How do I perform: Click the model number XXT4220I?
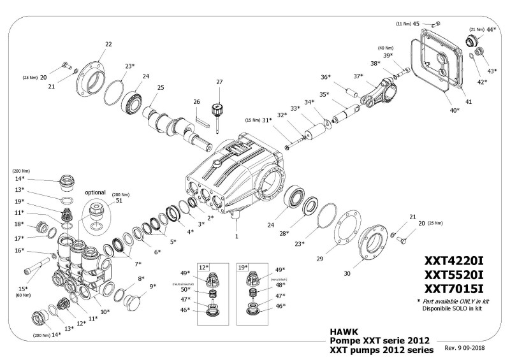(454, 261)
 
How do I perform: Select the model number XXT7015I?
(454, 289)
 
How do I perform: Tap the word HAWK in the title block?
(344, 331)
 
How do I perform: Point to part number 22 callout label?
(108, 44)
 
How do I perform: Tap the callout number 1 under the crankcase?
(237, 236)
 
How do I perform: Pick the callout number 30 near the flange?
(347, 273)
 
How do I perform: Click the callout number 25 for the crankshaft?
(161, 87)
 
